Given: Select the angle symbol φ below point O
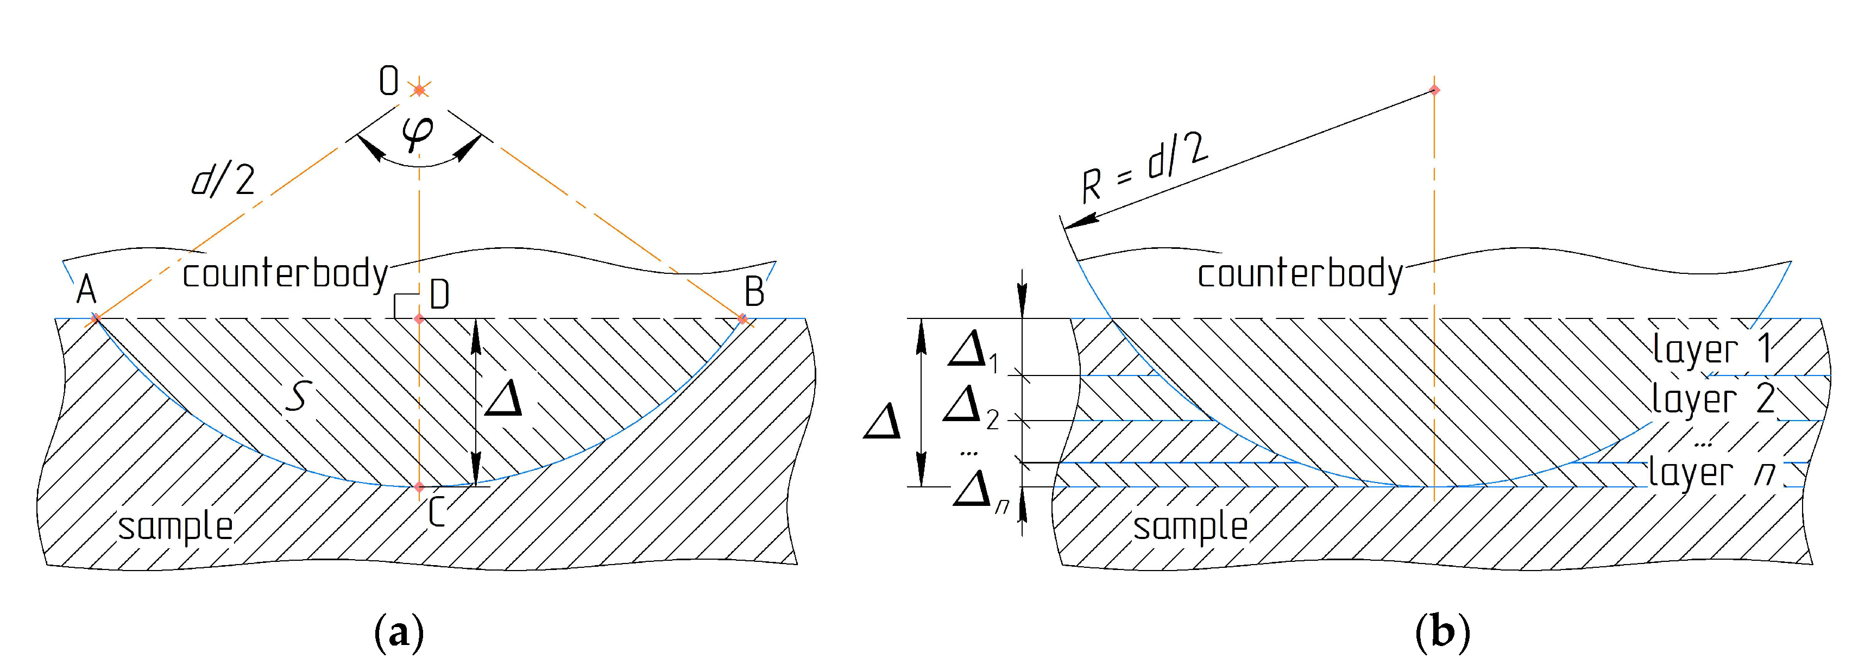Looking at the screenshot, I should [418, 133].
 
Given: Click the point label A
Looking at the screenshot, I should [86, 291].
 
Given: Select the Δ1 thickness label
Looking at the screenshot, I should [973, 350].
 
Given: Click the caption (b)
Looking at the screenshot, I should [1442, 632].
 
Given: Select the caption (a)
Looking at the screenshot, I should [399, 632].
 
